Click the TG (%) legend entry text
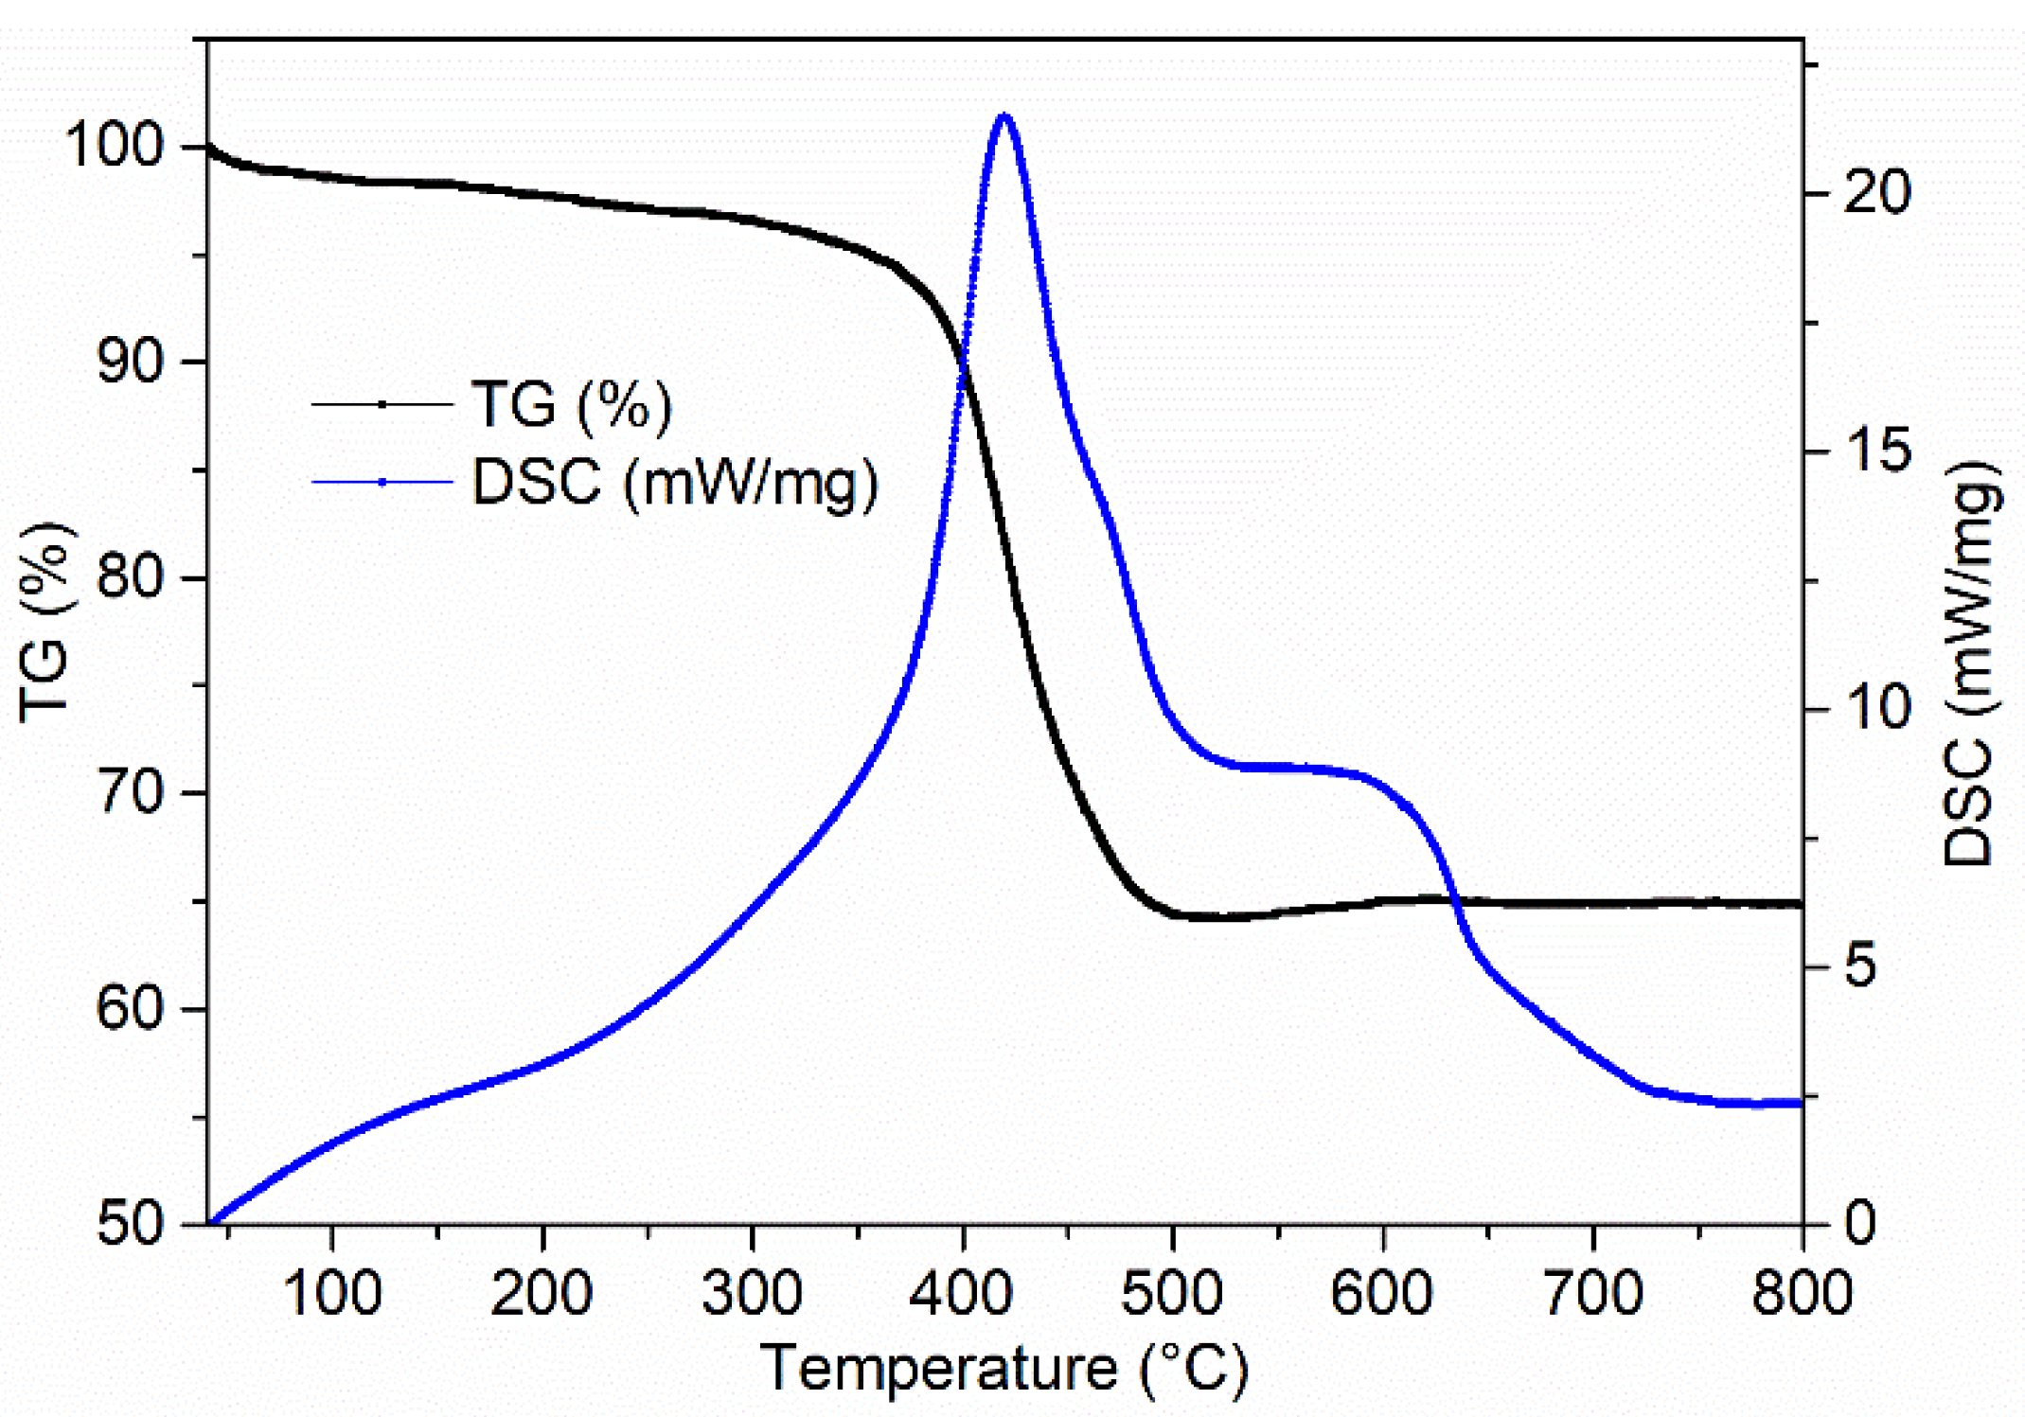(572, 405)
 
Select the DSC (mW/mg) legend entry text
(675, 483)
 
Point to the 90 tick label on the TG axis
(131, 362)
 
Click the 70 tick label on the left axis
(131, 792)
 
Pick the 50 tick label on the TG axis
(131, 1223)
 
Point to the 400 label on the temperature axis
(961, 1293)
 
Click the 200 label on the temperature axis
(542, 1293)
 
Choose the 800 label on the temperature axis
(1801, 1293)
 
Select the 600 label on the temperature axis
(1381, 1293)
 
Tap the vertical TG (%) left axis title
(45, 622)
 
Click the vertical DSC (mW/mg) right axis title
(1971, 663)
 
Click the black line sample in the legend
(382, 405)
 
